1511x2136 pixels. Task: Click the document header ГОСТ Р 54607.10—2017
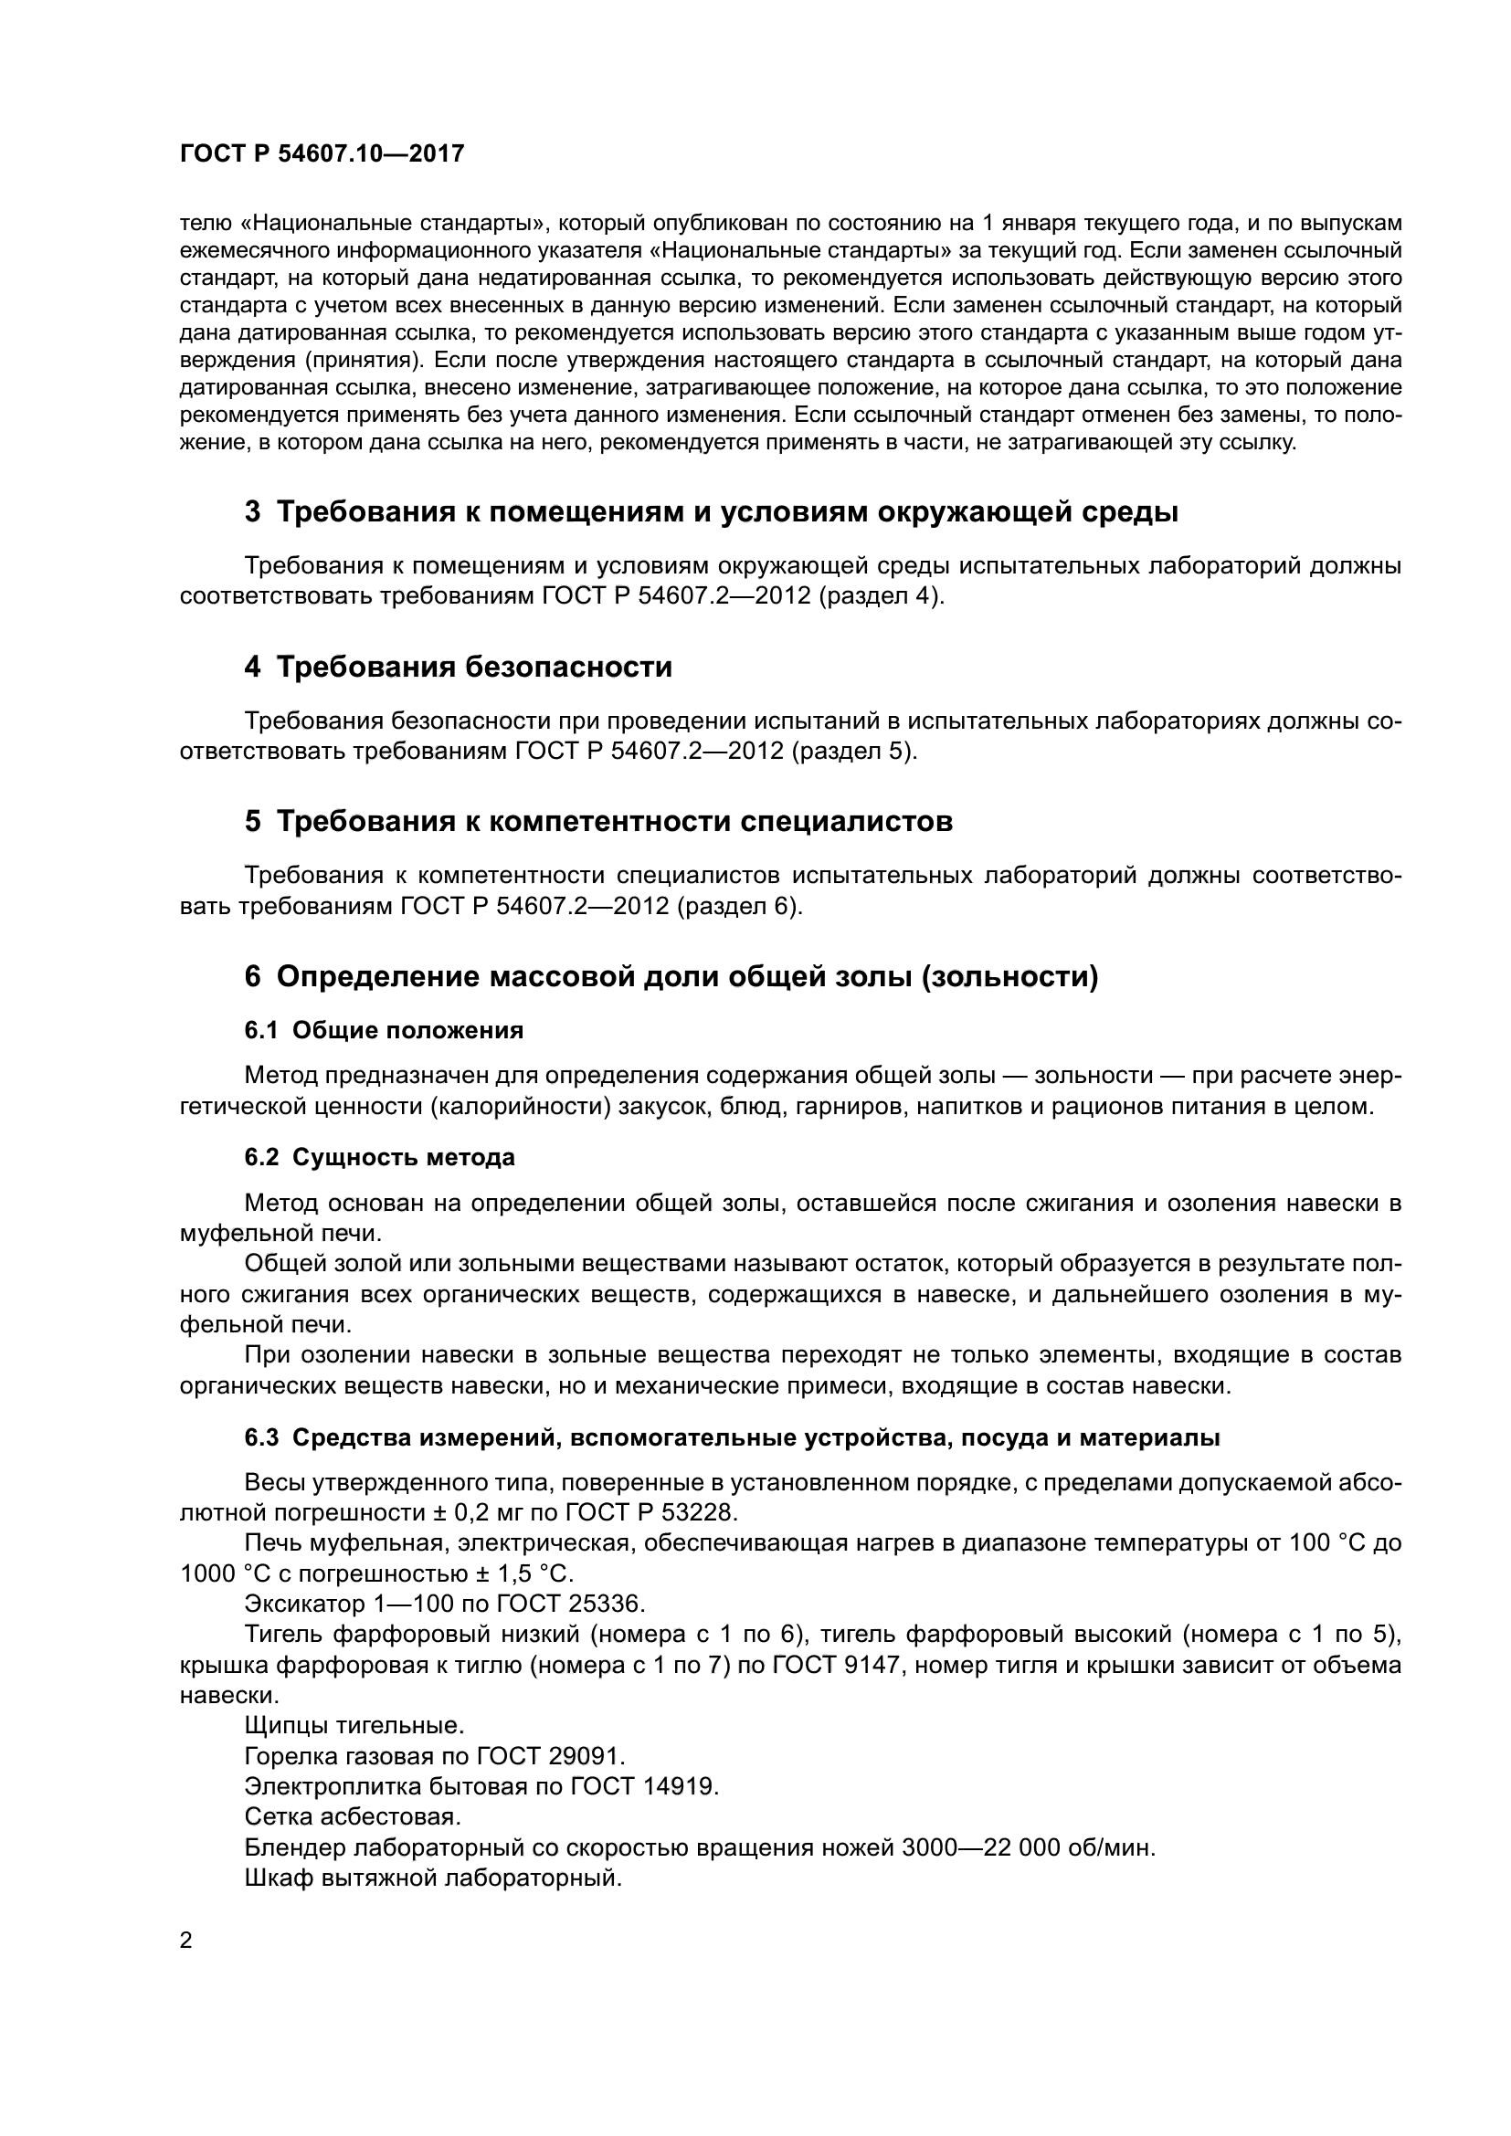point(322,154)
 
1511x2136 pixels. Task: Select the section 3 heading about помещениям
point(711,511)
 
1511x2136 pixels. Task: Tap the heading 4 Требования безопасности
point(458,667)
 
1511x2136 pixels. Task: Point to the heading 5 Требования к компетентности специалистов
point(598,822)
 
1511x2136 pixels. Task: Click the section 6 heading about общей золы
point(671,977)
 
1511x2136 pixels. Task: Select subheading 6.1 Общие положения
point(384,1030)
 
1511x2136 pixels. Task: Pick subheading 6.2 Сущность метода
point(380,1157)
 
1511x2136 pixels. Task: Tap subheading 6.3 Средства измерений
point(732,1437)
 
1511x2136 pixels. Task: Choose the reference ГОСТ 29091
point(551,1756)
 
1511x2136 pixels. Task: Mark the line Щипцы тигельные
point(354,1726)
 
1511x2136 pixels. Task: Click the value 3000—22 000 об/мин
point(1028,1847)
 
